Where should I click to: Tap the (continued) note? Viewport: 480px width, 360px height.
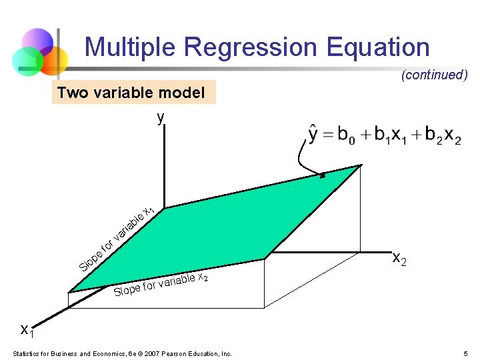[x=434, y=75]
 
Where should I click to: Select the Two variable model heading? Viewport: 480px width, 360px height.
[x=131, y=93]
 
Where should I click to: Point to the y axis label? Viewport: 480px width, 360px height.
[x=160, y=118]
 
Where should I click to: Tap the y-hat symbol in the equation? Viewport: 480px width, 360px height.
[x=315, y=134]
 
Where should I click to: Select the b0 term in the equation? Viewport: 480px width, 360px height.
[x=346, y=135]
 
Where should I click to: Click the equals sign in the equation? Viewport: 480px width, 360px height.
[x=329, y=135]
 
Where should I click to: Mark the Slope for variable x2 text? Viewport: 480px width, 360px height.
[x=161, y=285]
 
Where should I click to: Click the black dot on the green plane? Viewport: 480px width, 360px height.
[x=323, y=176]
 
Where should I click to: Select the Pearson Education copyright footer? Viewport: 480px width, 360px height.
[x=122, y=353]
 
